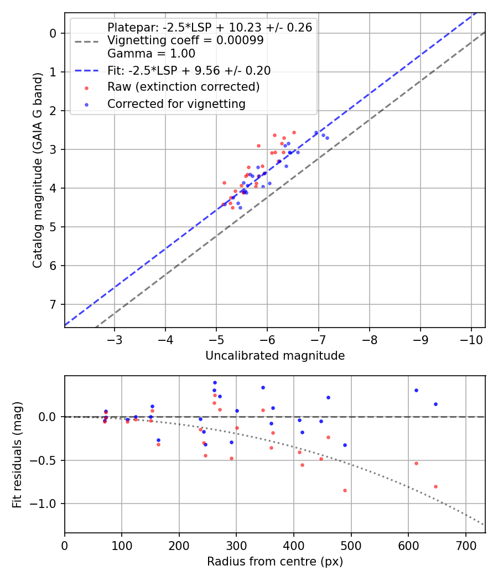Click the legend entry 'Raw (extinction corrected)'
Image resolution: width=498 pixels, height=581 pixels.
pyautogui.click(x=183, y=87)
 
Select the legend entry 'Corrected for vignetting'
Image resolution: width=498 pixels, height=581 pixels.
pyautogui.click(x=176, y=103)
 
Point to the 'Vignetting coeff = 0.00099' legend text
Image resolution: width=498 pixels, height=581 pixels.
pyautogui.click(x=185, y=40)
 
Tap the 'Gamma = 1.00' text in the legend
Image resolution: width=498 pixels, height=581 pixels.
pyautogui.click(x=151, y=54)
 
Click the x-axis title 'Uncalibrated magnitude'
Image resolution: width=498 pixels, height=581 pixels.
pyautogui.click(x=275, y=356)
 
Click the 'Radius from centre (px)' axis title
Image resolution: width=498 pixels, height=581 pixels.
pyautogui.click(x=275, y=562)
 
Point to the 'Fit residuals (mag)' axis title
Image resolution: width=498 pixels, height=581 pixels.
pyautogui.click(x=18, y=454)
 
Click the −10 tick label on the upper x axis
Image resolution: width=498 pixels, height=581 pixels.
pyautogui.click(x=471, y=339)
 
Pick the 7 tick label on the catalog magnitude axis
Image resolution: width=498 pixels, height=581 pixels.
pyautogui.click(x=54, y=304)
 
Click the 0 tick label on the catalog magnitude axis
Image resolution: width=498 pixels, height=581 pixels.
pyautogui.click(x=54, y=33)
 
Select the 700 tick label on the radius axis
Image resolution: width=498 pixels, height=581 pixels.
pyautogui.click(x=465, y=545)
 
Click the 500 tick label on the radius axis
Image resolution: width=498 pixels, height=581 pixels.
pyautogui.click(x=351, y=545)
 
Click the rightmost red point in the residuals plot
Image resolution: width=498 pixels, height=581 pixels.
pyautogui.click(x=435, y=486)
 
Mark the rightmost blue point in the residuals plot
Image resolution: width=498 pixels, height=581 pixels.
pyautogui.click(x=435, y=404)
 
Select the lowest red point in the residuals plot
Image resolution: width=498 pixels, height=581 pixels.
pyautogui.click(x=345, y=490)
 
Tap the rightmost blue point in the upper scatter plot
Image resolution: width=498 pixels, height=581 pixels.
pyautogui.click(x=327, y=138)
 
